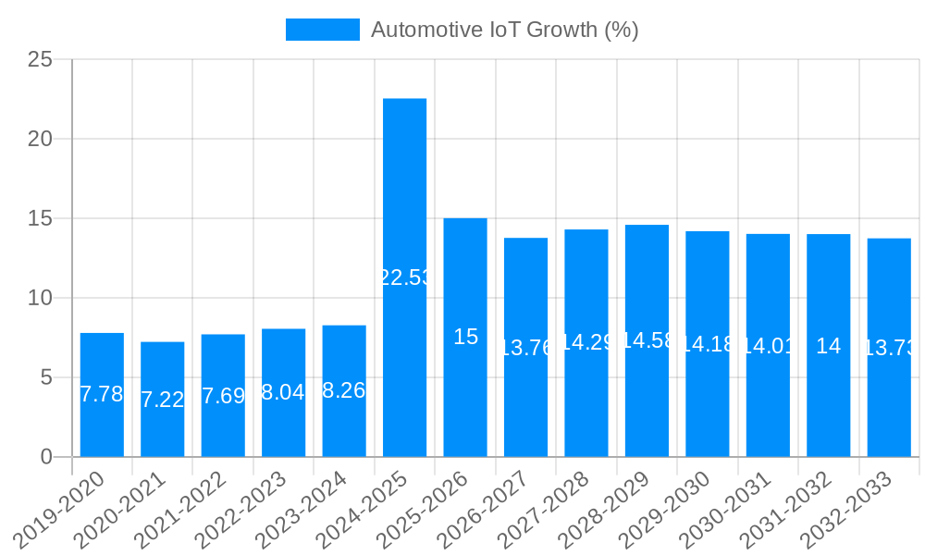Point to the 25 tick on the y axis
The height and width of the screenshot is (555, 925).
tap(41, 60)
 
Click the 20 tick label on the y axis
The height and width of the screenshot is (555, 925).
tap(41, 140)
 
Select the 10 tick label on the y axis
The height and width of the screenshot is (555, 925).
tap(41, 298)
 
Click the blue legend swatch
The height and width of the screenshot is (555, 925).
tap(322, 30)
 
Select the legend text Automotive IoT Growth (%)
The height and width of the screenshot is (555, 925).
tap(504, 30)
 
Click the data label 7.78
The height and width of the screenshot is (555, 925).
tap(102, 394)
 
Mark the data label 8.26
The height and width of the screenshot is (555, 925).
tap(344, 390)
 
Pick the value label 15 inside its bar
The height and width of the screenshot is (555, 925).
tap(465, 337)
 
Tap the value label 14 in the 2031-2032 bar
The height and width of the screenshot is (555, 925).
tap(829, 346)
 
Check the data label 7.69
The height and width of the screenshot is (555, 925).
tap(223, 396)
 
